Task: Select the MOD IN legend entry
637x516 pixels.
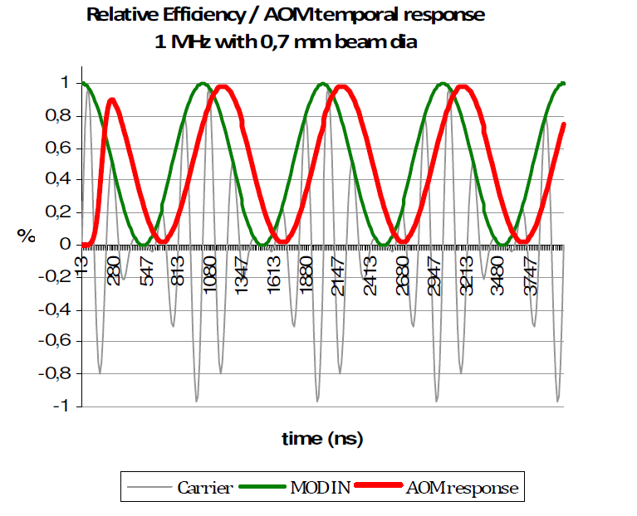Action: point(320,488)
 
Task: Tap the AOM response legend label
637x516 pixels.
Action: point(462,488)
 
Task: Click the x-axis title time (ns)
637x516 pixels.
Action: point(322,437)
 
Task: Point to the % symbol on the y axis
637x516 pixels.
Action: point(27,236)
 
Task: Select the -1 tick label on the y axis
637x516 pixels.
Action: point(62,406)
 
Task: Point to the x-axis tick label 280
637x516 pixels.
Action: point(114,268)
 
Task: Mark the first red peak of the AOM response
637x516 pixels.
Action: point(112,100)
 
